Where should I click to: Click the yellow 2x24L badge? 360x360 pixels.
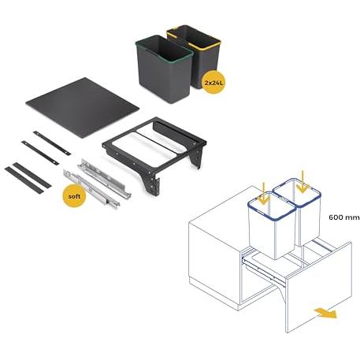(x=213, y=82)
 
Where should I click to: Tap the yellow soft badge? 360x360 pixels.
(x=74, y=196)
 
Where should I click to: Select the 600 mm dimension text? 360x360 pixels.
(x=343, y=217)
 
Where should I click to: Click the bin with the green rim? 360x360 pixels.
(x=164, y=69)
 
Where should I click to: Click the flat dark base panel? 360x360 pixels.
(x=83, y=107)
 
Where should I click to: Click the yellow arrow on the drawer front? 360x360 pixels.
(x=325, y=313)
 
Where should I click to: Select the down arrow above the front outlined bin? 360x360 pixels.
(x=263, y=195)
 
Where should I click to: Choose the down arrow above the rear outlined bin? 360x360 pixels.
(x=302, y=181)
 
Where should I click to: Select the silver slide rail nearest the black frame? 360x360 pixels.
(x=104, y=179)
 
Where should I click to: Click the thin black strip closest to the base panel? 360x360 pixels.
(x=52, y=143)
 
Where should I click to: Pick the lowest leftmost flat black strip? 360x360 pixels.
(x=24, y=180)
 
